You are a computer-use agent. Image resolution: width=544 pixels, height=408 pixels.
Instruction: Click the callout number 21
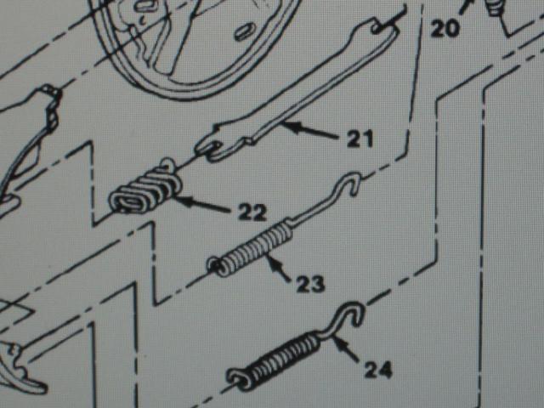tap(360, 139)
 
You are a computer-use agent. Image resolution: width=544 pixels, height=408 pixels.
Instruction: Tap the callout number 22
tap(252, 212)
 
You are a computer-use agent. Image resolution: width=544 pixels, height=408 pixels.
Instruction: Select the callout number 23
tap(310, 284)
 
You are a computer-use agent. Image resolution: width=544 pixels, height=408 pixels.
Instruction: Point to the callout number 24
tap(378, 370)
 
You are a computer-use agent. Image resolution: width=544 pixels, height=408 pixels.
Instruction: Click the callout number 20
tap(445, 28)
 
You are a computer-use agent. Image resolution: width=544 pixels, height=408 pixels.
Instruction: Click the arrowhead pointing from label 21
tap(289, 125)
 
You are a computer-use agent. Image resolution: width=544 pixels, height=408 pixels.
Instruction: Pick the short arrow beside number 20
tap(467, 7)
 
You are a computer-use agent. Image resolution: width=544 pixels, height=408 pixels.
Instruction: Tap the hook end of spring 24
tap(351, 313)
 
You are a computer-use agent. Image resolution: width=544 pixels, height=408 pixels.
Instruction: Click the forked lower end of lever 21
tap(212, 150)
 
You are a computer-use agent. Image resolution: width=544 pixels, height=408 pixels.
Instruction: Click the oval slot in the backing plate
tap(246, 31)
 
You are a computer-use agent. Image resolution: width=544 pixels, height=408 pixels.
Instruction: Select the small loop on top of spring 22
tap(168, 164)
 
